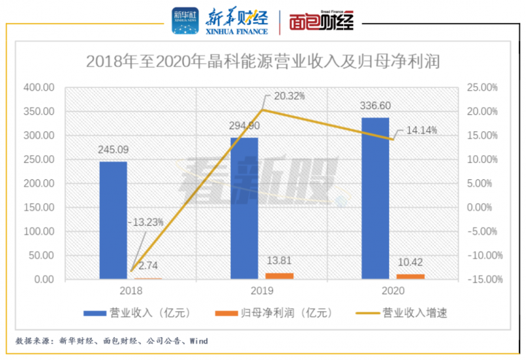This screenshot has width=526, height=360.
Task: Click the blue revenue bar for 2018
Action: pos(113,220)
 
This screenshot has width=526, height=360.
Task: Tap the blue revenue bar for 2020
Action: pos(375,198)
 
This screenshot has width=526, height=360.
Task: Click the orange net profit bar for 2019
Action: pos(279,276)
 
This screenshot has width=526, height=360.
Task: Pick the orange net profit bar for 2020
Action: pos(410,277)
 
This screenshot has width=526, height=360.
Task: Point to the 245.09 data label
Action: pos(113,150)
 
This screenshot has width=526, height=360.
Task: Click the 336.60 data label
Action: pos(375,106)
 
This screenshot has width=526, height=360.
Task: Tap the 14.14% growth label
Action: pos(421,131)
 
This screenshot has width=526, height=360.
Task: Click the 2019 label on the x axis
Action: pos(262,289)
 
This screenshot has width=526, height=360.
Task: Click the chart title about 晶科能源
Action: pos(263,62)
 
